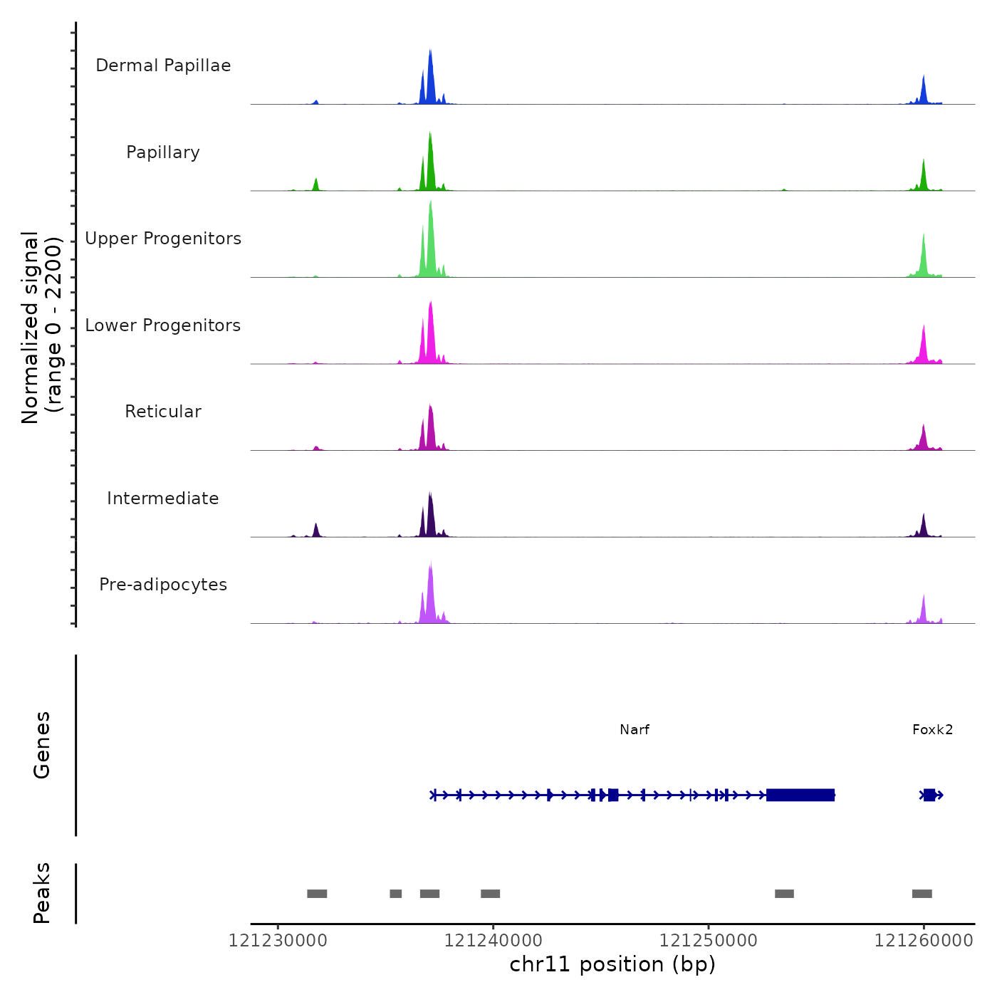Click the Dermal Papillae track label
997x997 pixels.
click(x=163, y=66)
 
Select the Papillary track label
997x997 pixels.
click(x=163, y=152)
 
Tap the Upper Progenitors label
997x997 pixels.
click(x=163, y=239)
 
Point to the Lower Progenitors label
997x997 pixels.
click(x=163, y=325)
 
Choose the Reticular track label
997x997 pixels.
click(x=163, y=412)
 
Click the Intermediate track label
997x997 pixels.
click(x=163, y=499)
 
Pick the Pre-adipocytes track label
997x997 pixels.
click(x=163, y=585)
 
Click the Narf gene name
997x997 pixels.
click(x=635, y=729)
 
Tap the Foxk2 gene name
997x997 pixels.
click(x=932, y=729)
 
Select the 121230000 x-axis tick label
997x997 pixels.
click(x=278, y=941)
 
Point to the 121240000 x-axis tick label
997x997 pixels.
click(x=493, y=941)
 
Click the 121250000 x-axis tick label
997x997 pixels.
click(x=709, y=941)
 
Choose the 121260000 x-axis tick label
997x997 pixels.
click(x=924, y=941)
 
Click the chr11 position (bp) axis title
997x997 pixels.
click(x=612, y=964)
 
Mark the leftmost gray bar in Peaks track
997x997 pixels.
click(x=317, y=894)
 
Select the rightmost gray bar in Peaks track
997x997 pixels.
click(x=922, y=894)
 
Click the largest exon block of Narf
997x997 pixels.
click(x=800, y=795)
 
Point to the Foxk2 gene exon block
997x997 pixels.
click(x=929, y=795)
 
